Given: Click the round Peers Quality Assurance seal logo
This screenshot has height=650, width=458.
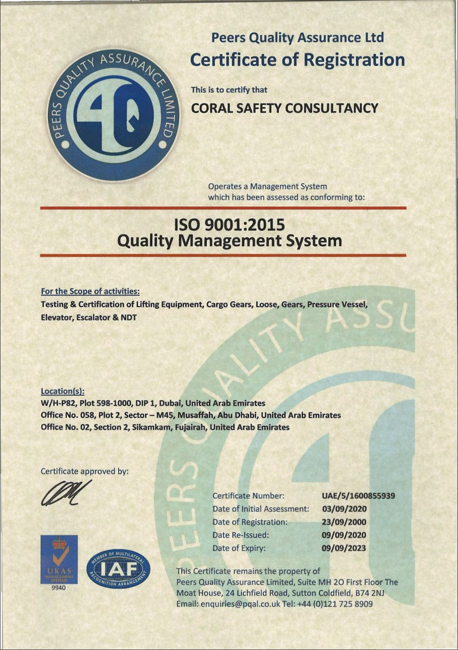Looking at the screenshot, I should tap(114, 114).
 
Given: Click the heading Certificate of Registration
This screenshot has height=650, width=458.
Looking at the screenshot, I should tap(297, 60).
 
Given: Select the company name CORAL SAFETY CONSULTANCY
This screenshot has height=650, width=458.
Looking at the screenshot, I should tap(284, 108).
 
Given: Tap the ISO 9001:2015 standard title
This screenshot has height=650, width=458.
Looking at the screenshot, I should tap(229, 225).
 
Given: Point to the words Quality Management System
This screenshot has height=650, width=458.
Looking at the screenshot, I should tap(229, 241).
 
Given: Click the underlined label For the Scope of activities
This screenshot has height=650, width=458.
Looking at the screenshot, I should tap(90, 291).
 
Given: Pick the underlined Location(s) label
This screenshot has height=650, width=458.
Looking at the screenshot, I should tap(62, 391).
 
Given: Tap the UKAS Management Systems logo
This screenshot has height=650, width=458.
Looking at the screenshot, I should tap(59, 560).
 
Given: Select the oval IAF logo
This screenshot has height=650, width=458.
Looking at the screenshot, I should tap(118, 569).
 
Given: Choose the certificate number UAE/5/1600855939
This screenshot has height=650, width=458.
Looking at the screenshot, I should tap(358, 496).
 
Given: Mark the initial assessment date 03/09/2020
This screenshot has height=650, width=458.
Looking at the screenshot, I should tap(344, 509).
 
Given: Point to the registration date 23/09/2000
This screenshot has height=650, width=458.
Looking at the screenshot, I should tap(344, 522).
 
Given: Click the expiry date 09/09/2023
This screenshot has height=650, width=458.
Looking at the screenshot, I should tap(344, 548).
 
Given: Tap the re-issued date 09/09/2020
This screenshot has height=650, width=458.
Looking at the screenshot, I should tap(344, 535).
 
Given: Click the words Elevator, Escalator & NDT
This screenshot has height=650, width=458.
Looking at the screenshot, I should tap(89, 318).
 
